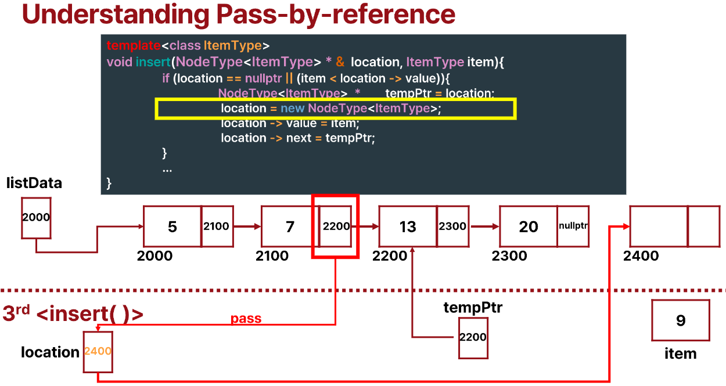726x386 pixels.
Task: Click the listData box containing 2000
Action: pyautogui.click(x=36, y=218)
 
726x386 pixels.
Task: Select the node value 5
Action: pyautogui.click(x=172, y=226)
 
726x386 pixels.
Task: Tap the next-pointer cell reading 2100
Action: pyautogui.click(x=217, y=226)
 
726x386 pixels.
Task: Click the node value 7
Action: pyautogui.click(x=290, y=226)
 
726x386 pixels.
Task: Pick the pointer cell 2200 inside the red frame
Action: pyautogui.click(x=336, y=226)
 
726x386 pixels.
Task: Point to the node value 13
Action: pyautogui.click(x=408, y=226)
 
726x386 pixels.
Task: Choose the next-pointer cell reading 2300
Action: pyautogui.click(x=452, y=226)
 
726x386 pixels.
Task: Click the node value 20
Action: pyautogui.click(x=528, y=226)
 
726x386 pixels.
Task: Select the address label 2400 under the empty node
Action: pyautogui.click(x=641, y=256)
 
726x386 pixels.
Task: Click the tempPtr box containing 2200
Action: pyautogui.click(x=473, y=338)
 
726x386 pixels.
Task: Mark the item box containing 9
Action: pyautogui.click(x=681, y=320)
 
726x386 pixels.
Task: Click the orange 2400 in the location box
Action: pyautogui.click(x=98, y=351)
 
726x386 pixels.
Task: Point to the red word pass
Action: pyautogui.click(x=246, y=319)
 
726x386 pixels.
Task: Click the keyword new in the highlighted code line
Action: pyautogui.click(x=292, y=109)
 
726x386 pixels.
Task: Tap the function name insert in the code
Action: pyautogui.click(x=153, y=62)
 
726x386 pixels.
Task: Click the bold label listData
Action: pyautogui.click(x=34, y=184)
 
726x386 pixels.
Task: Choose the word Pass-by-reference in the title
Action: pyautogui.click(x=335, y=15)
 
